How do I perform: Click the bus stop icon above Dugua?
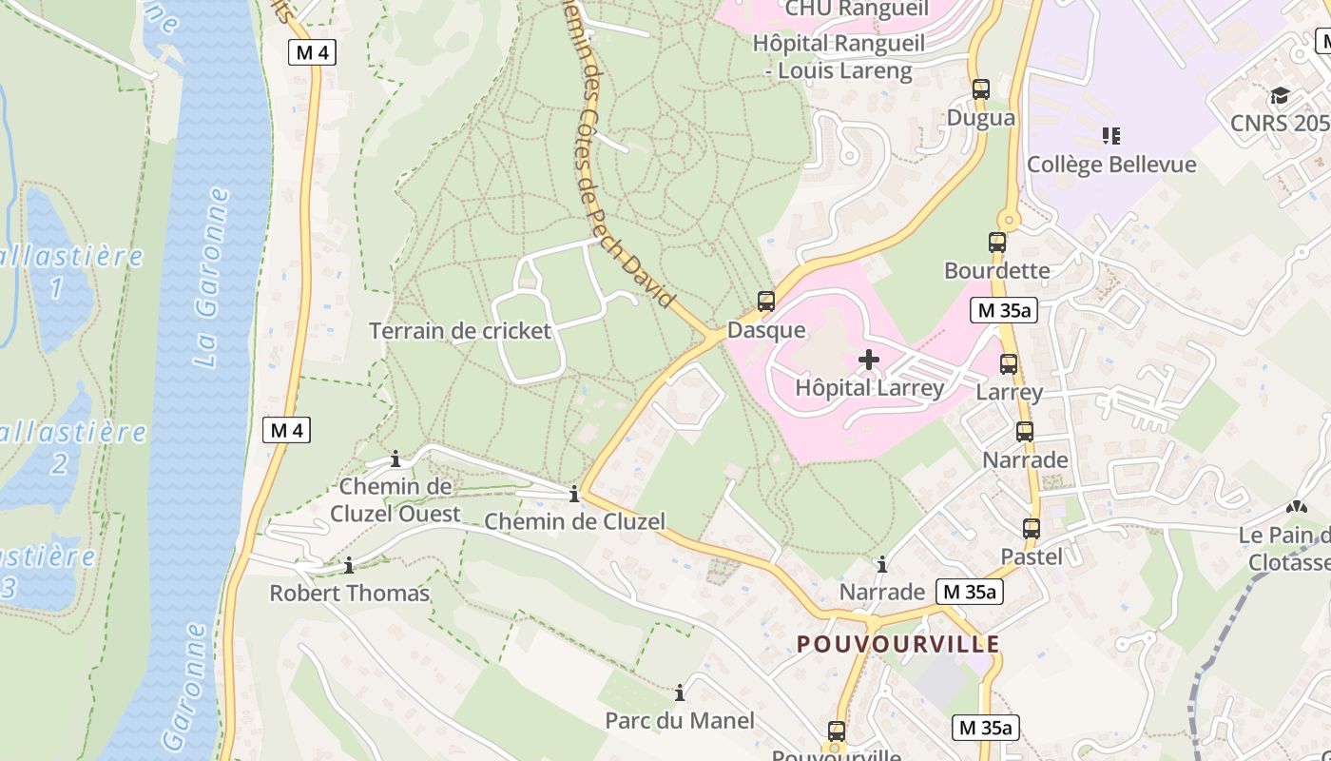pos(981,89)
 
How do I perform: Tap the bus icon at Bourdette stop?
pos(996,243)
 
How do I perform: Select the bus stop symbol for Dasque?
pos(765,302)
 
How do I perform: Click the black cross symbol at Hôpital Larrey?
pos(868,360)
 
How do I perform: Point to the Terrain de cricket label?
pos(460,331)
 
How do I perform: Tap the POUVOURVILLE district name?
pos(898,644)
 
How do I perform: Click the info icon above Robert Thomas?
pos(349,565)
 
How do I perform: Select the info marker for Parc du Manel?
pos(680,693)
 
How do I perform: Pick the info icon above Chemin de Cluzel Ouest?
pos(395,460)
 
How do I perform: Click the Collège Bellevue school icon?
pos(1110,136)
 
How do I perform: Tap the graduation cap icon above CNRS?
pos(1280,96)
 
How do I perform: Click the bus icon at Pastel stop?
pos(1032,529)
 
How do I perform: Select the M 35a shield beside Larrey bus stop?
pos(999,310)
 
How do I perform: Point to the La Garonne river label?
pos(212,277)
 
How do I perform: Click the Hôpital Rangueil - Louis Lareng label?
pos(832,57)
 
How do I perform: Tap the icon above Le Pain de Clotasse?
pos(1296,508)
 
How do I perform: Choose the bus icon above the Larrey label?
pos(1009,363)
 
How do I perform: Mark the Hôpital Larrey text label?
pos(869,387)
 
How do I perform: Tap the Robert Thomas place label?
pos(349,594)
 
